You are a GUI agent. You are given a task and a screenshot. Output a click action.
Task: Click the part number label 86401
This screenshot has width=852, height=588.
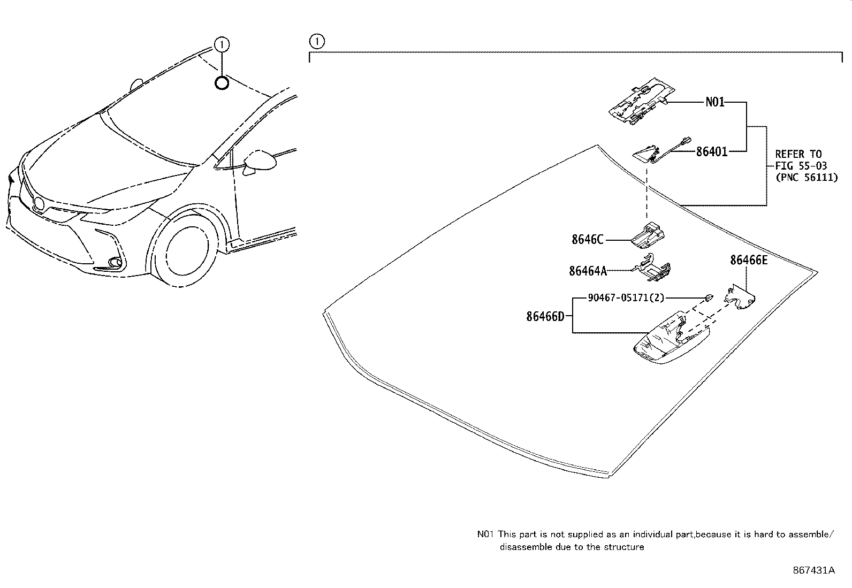(712, 152)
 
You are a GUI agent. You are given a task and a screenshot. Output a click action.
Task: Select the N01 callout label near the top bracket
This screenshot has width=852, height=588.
(714, 102)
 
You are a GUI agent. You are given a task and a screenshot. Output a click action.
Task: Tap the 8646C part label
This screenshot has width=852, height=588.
(587, 240)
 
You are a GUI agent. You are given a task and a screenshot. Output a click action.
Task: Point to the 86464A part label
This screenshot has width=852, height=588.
(588, 271)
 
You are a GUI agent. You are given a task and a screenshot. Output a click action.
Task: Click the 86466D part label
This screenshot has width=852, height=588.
(545, 316)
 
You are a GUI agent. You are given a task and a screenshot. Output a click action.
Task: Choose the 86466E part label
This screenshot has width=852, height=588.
(749, 261)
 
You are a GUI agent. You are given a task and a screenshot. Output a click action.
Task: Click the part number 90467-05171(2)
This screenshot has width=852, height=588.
(626, 297)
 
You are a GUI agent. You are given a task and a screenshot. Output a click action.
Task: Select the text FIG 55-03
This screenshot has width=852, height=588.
(801, 166)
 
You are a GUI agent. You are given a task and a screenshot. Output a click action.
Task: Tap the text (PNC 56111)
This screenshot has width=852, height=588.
(806, 178)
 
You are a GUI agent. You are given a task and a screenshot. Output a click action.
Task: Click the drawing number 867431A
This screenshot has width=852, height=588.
(813, 570)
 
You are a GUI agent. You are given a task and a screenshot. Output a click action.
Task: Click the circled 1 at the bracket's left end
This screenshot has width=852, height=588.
(317, 41)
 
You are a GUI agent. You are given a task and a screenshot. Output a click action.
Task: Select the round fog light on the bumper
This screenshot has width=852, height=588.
(114, 262)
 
